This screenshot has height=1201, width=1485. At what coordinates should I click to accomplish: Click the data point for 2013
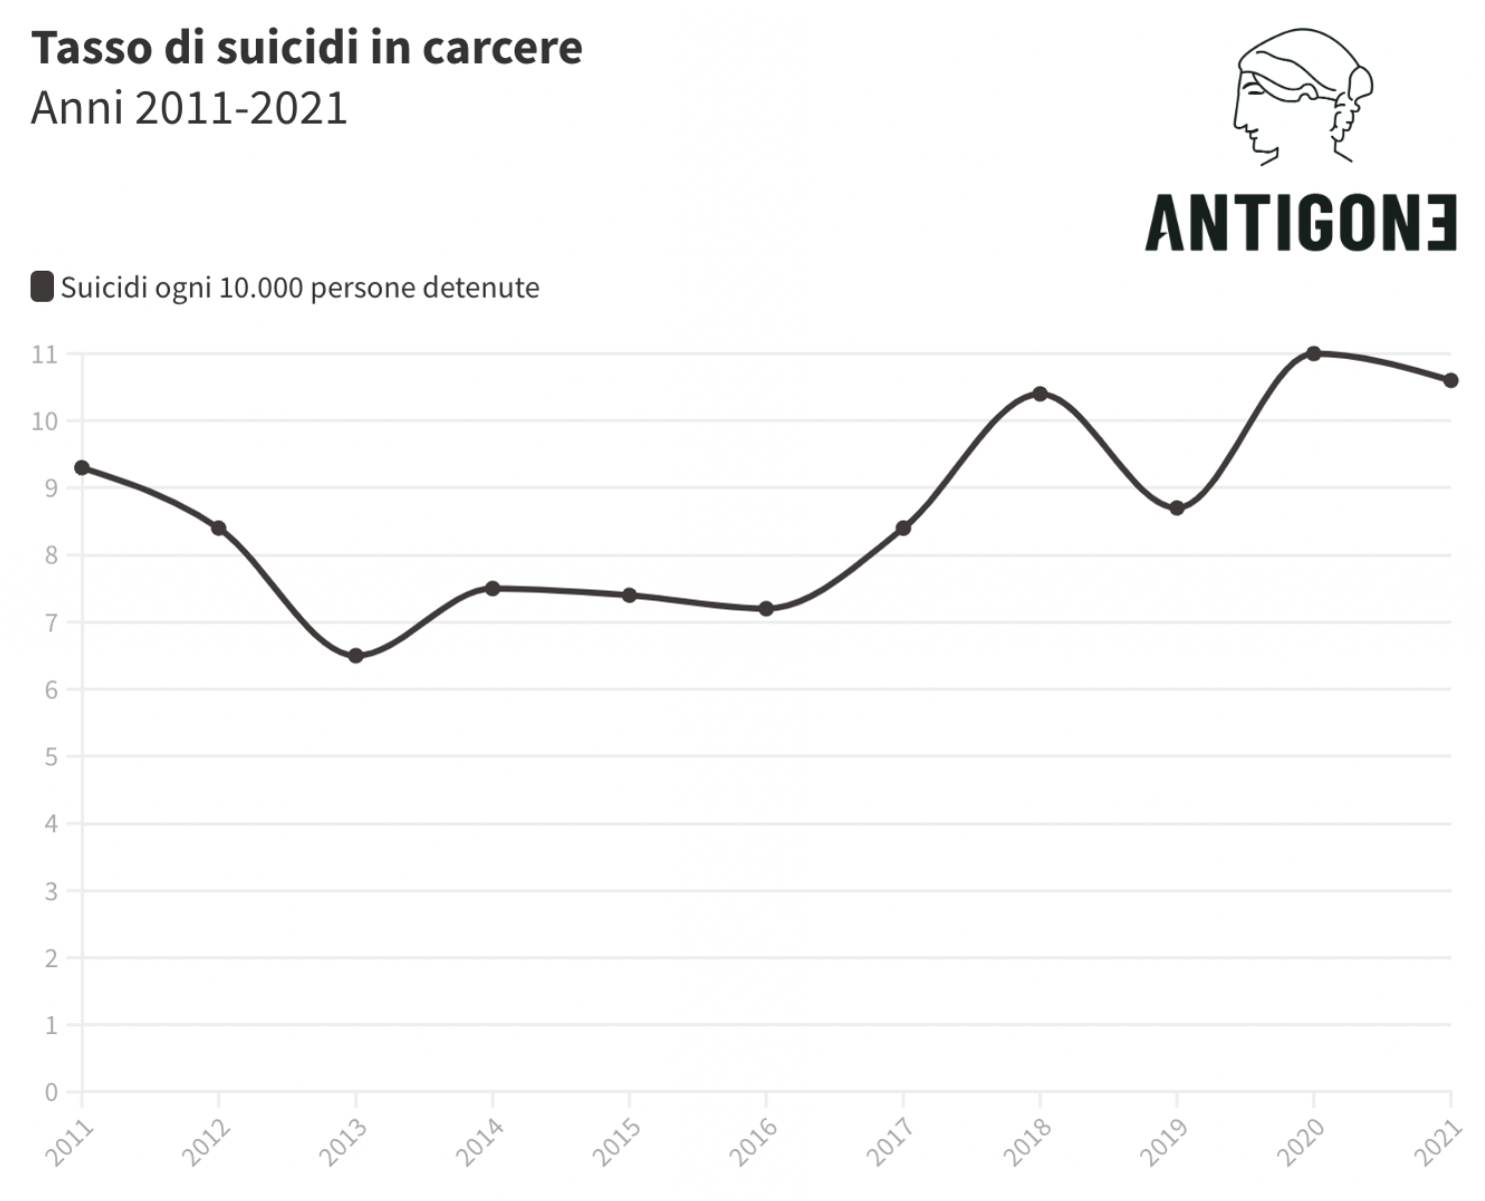click(x=356, y=655)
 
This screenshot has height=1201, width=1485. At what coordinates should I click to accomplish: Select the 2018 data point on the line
click(x=1040, y=394)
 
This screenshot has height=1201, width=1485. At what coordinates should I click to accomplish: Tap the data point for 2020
click(x=1314, y=354)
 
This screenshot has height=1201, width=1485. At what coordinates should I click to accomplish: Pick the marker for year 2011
click(x=82, y=468)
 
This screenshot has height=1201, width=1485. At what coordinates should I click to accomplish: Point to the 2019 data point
click(x=1177, y=508)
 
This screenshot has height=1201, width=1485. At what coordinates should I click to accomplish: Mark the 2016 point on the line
click(x=766, y=608)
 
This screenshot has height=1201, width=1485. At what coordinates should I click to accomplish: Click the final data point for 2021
click(x=1451, y=380)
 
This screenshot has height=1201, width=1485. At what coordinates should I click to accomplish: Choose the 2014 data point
click(x=493, y=589)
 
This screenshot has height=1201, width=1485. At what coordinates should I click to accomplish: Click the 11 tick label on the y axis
click(x=45, y=354)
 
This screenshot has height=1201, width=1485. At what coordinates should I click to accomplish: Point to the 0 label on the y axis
click(x=51, y=1092)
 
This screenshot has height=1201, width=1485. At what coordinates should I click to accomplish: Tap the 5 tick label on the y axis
click(x=51, y=756)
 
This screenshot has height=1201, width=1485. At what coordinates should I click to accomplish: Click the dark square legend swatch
click(x=42, y=287)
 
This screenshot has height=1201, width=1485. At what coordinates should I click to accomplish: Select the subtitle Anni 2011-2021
click(x=189, y=108)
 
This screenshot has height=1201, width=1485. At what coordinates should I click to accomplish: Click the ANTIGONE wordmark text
click(x=1300, y=223)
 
